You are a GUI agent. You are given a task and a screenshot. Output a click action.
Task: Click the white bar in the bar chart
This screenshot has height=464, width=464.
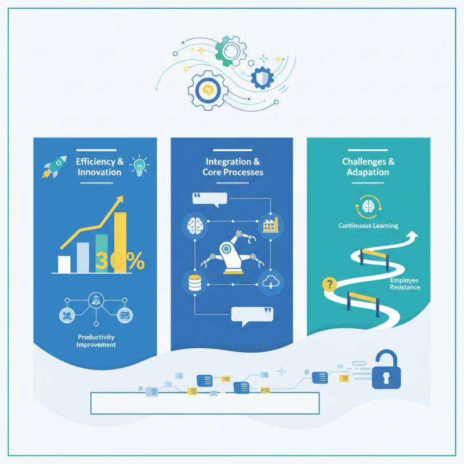click(64, 264)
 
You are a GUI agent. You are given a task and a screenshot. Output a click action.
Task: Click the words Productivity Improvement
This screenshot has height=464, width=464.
click(96, 340)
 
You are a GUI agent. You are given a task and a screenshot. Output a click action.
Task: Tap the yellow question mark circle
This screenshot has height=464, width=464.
click(330, 284)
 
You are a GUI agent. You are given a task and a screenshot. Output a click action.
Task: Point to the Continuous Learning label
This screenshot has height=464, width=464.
click(368, 226)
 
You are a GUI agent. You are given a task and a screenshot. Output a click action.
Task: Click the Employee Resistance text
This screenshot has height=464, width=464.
click(405, 283)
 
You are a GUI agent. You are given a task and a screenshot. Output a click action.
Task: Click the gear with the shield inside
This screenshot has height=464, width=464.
click(262, 77)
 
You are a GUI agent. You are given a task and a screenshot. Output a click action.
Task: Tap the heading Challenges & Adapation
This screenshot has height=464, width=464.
click(368, 167)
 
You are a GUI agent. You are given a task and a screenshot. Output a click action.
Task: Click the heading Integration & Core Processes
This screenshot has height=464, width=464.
click(233, 167)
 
